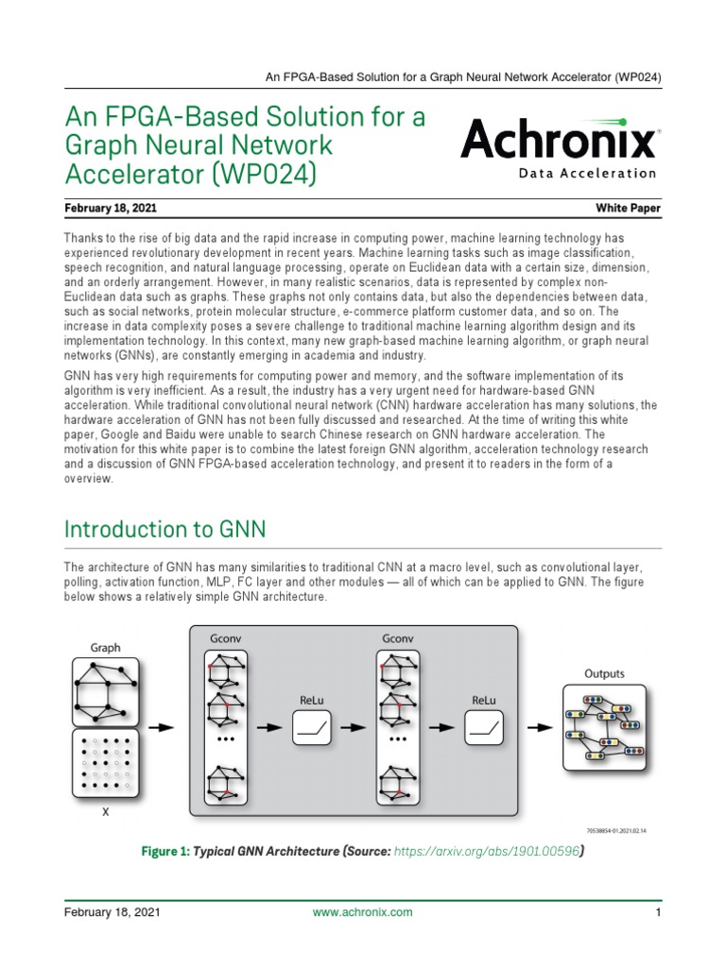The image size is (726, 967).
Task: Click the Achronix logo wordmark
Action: (558, 141)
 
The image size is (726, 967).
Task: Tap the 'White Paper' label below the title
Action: (628, 207)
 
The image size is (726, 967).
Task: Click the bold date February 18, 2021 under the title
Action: (112, 207)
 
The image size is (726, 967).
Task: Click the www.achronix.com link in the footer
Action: (362, 912)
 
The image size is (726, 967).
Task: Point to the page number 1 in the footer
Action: (656, 912)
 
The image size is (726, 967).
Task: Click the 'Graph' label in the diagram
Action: (105, 648)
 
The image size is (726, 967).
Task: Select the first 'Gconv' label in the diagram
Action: (224, 639)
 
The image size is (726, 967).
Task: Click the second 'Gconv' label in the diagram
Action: (398, 639)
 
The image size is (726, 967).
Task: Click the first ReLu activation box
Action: (313, 727)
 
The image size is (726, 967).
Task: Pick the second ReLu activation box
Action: (485, 727)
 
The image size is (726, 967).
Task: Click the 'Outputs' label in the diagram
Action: (603, 674)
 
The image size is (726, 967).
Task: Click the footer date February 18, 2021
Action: (112, 912)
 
